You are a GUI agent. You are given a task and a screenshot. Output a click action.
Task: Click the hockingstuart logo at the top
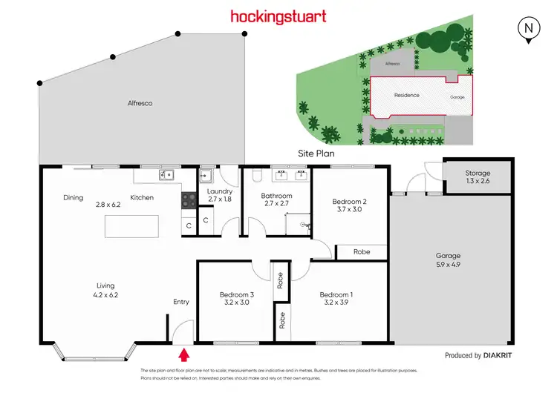coord(278,16)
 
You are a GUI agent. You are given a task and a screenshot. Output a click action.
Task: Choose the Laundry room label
coord(221,195)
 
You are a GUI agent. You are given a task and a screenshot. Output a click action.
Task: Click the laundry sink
coord(206,176)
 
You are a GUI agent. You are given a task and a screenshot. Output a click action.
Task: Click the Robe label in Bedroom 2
coord(362,252)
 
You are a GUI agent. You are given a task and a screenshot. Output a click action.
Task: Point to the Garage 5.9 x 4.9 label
coord(449,261)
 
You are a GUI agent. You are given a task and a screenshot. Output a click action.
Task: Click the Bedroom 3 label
coord(237,299)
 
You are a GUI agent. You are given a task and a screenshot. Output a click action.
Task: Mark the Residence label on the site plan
coord(406,95)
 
